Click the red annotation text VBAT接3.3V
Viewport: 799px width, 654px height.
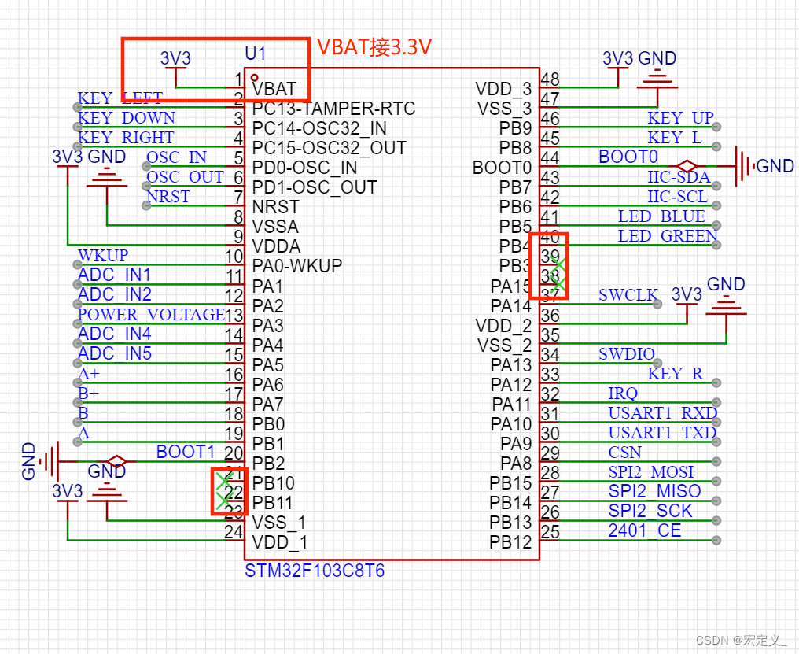[x=374, y=47]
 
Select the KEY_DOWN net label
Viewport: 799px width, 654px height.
[x=127, y=118]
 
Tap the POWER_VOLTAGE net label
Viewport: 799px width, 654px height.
[x=151, y=315]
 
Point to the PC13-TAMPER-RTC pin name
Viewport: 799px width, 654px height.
[x=333, y=109]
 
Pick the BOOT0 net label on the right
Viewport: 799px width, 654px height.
[x=628, y=157]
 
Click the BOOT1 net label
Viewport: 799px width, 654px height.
[x=186, y=452]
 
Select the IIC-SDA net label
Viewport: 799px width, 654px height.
[x=679, y=177]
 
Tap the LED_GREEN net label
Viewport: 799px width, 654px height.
[x=667, y=236]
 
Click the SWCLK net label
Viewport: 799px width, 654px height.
[x=628, y=295]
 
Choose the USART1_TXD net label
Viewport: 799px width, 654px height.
[x=662, y=433]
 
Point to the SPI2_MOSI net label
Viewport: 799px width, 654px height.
[x=650, y=472]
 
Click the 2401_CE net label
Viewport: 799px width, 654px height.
[x=644, y=531]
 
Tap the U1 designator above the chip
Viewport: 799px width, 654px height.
[x=256, y=54]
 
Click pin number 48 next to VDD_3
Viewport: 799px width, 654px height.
[x=550, y=79]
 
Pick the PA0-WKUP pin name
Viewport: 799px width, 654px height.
[x=297, y=266]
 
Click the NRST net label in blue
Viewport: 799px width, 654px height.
[x=168, y=197]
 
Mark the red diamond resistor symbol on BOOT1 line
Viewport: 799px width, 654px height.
[x=117, y=461]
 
